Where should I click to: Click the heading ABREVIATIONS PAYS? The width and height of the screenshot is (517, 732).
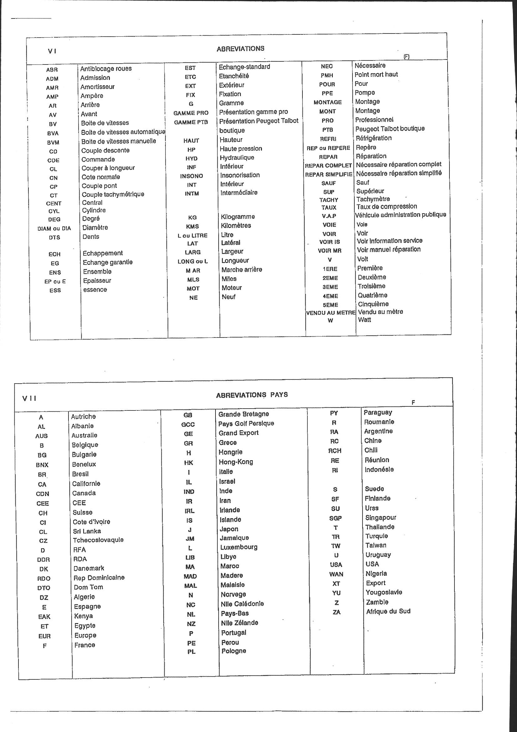tap(252, 395)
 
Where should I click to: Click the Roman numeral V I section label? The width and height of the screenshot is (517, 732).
tap(52, 51)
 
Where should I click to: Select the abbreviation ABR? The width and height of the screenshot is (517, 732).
tap(52, 70)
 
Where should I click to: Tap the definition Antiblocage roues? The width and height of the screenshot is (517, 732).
tap(106, 69)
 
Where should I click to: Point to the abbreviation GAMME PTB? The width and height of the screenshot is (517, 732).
tap(191, 122)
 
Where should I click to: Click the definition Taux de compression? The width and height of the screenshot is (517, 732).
tap(386, 207)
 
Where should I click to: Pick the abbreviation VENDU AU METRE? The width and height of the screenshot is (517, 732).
tap(331, 313)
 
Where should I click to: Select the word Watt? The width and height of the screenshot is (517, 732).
tap(364, 320)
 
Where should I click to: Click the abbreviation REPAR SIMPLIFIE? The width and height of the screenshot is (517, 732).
tap(328, 174)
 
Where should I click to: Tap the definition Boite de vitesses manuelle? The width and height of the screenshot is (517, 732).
tap(119, 141)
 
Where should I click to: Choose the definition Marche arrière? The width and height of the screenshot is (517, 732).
tap(242, 270)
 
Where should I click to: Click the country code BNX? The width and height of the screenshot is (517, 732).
tap(42, 465)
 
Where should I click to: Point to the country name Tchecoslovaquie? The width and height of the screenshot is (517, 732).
tap(98, 540)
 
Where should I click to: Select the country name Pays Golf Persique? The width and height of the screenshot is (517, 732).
tap(246, 424)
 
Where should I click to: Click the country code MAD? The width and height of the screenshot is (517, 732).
tap(190, 576)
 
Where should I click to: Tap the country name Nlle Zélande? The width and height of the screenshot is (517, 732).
tap(240, 623)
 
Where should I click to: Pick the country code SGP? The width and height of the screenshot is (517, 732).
tap(335, 518)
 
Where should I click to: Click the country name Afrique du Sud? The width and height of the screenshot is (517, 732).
tap(388, 611)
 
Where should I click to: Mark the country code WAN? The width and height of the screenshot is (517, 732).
tap(336, 575)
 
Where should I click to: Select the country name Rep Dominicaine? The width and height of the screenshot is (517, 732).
tap(99, 578)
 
